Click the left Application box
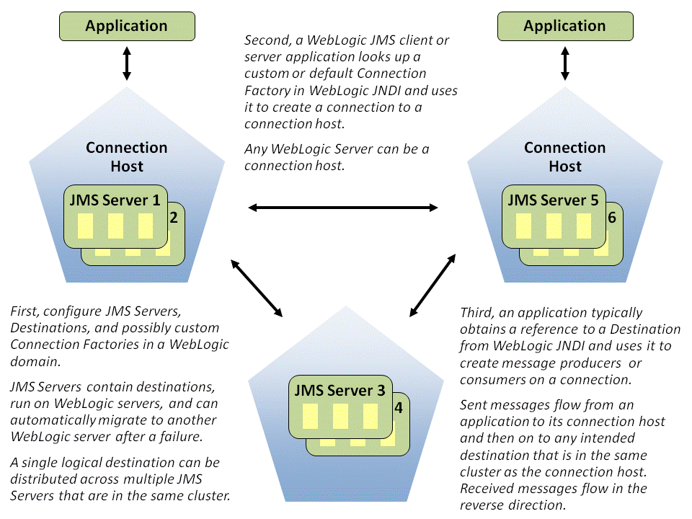[x=126, y=27]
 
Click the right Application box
[x=564, y=27]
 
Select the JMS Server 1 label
[x=115, y=200]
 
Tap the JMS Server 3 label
[x=340, y=391]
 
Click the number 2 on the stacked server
[x=173, y=217]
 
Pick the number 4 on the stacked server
[x=398, y=407]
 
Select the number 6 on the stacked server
[x=612, y=217]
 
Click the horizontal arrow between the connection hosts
[x=343, y=208]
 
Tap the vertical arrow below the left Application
[x=127, y=64]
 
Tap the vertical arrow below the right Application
[x=565, y=64]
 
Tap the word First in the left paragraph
[x=26, y=311]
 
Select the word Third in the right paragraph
[x=478, y=313]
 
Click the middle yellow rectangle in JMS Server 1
[x=115, y=226]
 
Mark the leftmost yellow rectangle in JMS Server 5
[x=524, y=226]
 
